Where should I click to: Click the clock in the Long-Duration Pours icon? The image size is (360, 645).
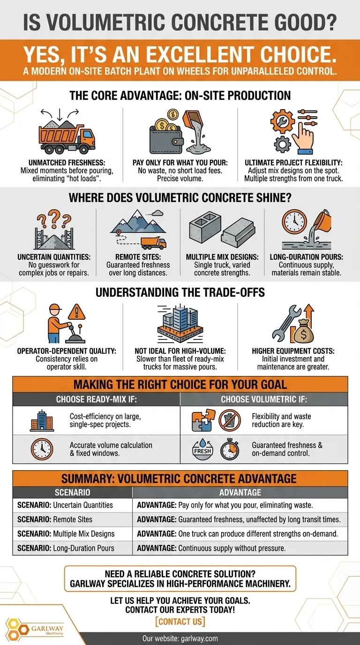[x=294, y=222]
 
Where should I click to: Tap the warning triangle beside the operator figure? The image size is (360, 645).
[x=76, y=312]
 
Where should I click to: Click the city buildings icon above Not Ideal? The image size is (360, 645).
[x=180, y=323]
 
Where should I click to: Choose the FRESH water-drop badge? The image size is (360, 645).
[x=203, y=449]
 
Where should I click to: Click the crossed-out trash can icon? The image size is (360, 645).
[x=230, y=420]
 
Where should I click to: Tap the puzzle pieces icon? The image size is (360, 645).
[x=203, y=420]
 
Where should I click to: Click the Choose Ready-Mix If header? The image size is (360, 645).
[x=97, y=399]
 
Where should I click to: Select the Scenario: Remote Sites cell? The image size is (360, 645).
[x=73, y=519]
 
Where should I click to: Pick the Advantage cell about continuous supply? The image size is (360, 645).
[x=240, y=548]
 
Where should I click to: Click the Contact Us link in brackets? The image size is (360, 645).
[x=180, y=622]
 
